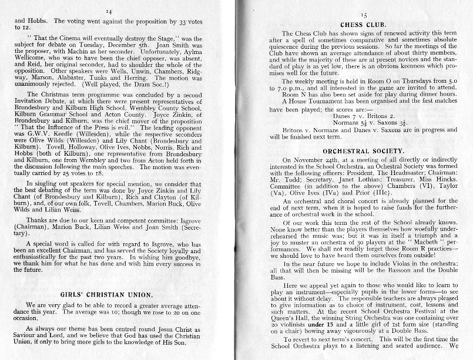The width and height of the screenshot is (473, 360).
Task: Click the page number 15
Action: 363,14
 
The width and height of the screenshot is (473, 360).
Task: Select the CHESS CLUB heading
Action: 363,25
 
